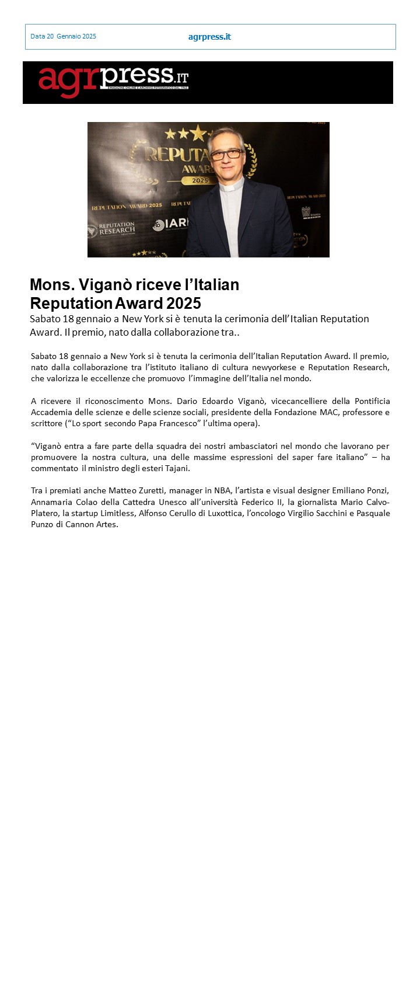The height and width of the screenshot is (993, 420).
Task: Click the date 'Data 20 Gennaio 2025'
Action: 63,36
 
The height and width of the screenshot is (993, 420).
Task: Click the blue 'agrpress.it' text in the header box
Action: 209,37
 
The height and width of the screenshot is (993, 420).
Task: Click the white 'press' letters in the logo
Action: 136,75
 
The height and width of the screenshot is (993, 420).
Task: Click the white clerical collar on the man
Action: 232,188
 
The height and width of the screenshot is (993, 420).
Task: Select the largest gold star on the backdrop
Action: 198,133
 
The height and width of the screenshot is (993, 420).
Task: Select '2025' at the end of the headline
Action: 183,304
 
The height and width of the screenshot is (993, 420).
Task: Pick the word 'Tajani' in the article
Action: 177,468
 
